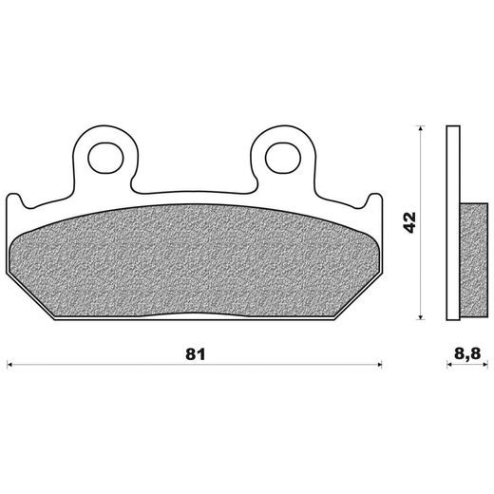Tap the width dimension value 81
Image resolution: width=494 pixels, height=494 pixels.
[x=196, y=354]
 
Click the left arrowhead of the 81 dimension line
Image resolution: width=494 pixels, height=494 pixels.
[x=11, y=362]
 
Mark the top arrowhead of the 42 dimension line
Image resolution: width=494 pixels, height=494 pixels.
[x=421, y=128]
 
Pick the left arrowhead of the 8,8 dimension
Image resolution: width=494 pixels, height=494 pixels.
[x=449, y=362]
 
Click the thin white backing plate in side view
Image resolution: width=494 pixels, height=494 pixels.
[x=451, y=225]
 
